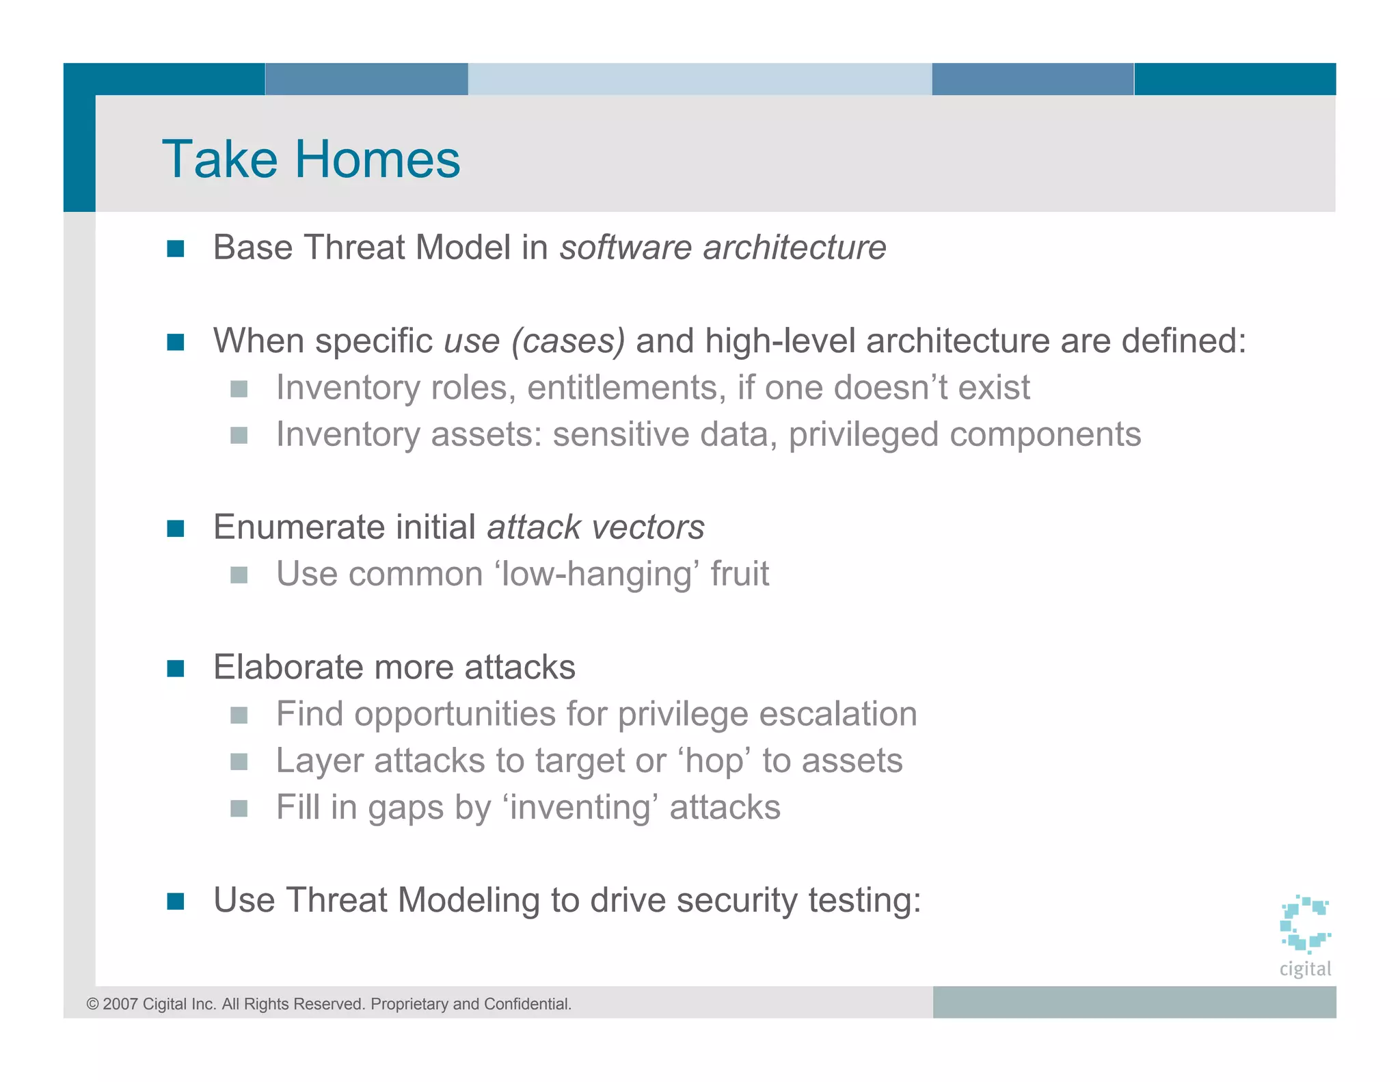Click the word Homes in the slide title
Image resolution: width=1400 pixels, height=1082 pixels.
pos(377,159)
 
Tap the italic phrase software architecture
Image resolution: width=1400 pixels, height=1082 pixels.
pos(723,247)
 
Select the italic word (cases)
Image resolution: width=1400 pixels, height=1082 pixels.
pos(568,341)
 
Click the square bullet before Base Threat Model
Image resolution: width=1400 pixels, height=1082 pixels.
pos(176,248)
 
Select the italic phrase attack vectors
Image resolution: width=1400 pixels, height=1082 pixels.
pos(595,527)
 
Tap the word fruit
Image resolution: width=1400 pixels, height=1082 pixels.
pos(740,574)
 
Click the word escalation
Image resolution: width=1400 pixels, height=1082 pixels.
pos(838,714)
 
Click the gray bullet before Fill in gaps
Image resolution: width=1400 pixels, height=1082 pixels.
pos(239,809)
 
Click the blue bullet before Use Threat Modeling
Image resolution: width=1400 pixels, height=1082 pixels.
pos(176,901)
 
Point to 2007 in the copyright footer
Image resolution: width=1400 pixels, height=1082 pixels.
pos(120,1004)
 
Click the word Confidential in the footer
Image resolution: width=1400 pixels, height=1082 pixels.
pos(527,1004)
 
